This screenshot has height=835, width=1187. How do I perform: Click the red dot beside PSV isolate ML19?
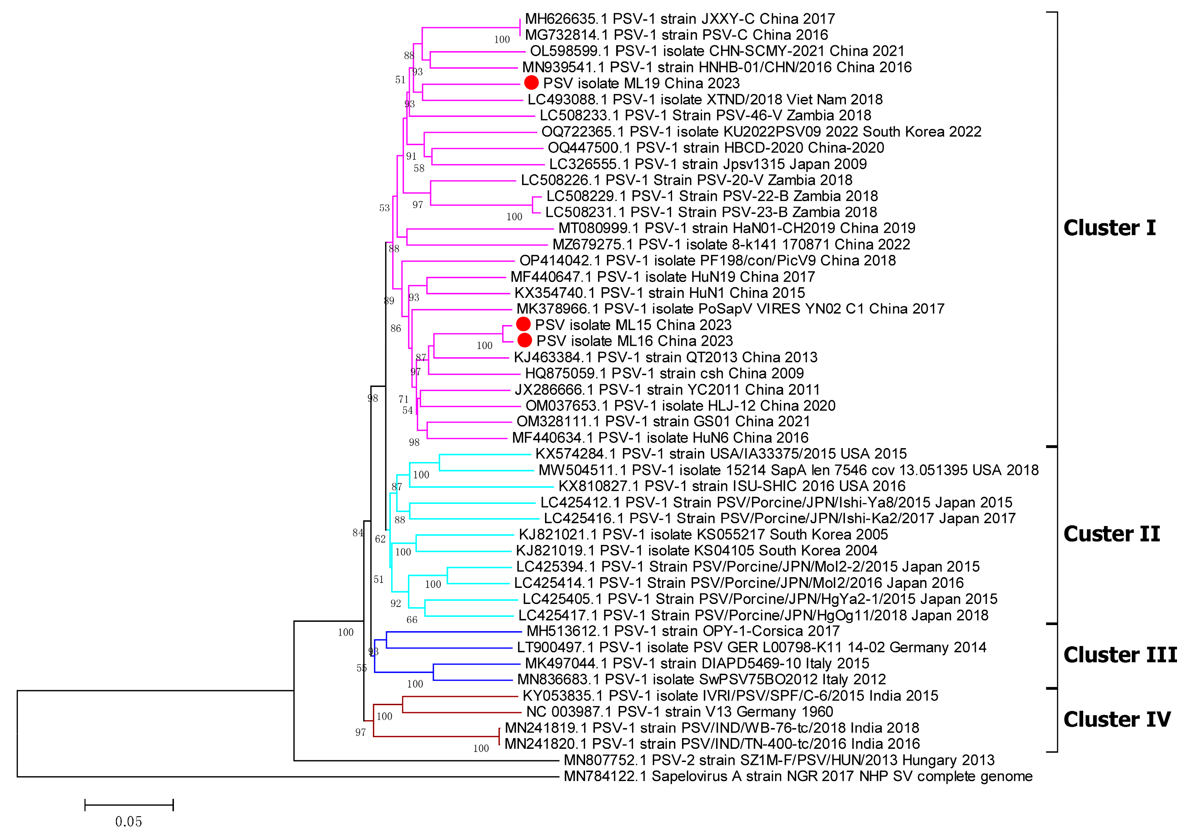pos(531,83)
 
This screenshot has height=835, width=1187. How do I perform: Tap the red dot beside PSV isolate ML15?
pos(523,324)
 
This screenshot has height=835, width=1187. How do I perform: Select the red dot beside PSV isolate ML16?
pos(524,340)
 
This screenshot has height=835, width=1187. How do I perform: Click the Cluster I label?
pos(1109,228)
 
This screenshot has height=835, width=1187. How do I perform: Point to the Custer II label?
pos(1111,534)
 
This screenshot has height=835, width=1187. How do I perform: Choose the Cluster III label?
pos(1120,655)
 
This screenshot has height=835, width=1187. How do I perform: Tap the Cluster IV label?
pos(1117,719)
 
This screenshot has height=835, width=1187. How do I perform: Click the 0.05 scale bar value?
pos(128,821)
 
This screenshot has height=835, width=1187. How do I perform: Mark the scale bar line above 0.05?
pos(129,805)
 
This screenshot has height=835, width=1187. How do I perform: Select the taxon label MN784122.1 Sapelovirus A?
pos(798,776)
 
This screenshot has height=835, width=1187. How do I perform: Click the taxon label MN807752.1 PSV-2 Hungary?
pos(779,760)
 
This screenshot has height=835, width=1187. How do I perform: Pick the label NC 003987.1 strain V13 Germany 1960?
pos(679,712)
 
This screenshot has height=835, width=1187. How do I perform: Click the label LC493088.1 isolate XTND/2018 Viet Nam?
pos(705,99)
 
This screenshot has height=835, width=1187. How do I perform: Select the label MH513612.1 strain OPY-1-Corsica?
pos(682,631)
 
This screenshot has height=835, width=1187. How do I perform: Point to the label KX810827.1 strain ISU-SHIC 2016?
pos(731,486)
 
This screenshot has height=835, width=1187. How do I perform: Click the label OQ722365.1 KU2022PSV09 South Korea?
pos(761,132)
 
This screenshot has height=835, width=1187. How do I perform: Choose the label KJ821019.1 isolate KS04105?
pos(696,550)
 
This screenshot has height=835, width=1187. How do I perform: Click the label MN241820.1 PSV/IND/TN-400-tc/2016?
pos(712,743)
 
